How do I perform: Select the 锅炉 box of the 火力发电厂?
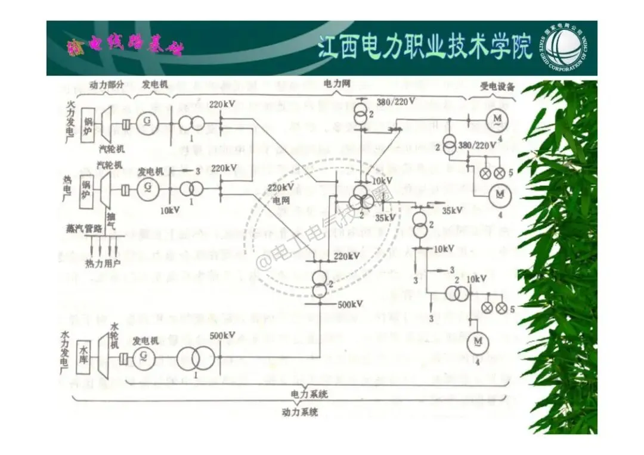[88, 121]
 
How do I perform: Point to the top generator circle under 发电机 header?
[145, 123]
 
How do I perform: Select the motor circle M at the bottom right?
[477, 341]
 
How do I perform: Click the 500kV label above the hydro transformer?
[222, 336]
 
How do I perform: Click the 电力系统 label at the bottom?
[309, 394]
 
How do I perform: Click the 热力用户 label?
[103, 263]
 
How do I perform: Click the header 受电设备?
[497, 86]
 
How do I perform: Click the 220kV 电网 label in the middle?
[280, 193]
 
